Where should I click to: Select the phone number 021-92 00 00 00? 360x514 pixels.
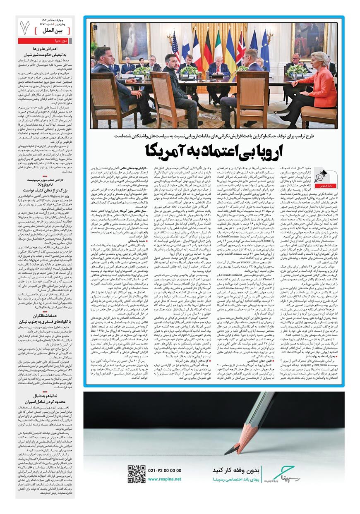coord(164,470)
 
